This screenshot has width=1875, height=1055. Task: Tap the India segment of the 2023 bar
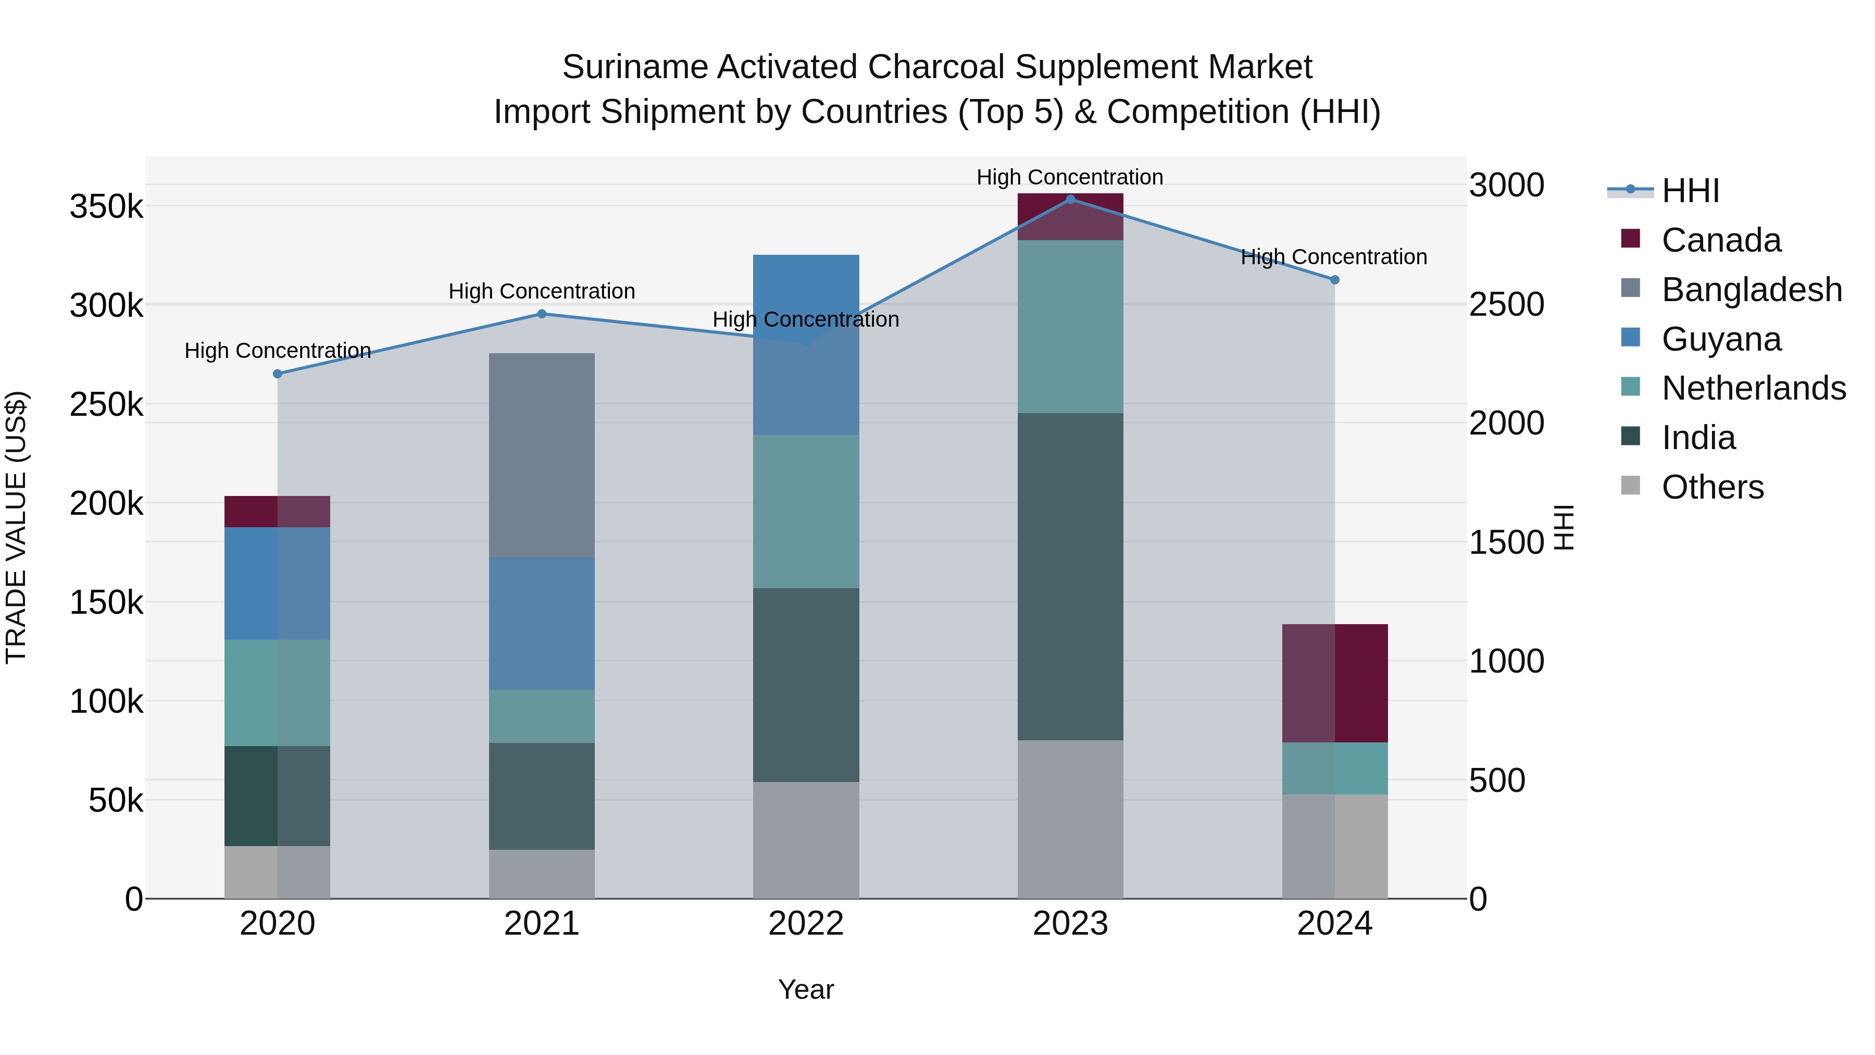(1070, 577)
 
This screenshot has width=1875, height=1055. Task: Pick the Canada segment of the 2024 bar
(1335, 683)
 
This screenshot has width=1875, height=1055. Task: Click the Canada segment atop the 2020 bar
(277, 511)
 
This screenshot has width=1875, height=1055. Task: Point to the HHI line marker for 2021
(542, 314)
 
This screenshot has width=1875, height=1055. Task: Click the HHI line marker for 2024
(1335, 280)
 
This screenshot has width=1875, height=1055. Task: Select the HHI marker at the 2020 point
(277, 374)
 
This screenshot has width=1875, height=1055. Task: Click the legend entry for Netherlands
(1754, 388)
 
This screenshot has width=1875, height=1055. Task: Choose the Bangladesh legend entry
(1751, 290)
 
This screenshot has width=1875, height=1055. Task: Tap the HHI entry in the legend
(1690, 191)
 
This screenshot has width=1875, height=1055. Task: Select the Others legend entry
(1712, 487)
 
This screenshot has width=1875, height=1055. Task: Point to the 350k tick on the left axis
(106, 207)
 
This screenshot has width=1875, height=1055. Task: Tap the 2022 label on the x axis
(806, 924)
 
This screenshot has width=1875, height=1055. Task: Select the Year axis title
(806, 989)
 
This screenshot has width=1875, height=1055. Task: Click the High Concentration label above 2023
(1069, 177)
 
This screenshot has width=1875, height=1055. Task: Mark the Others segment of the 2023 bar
(1070, 819)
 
